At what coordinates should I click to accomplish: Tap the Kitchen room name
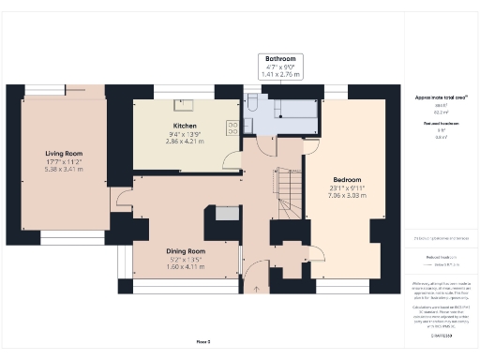[x=184, y=125]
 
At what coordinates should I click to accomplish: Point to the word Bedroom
[x=347, y=179]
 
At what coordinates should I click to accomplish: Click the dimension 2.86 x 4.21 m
[x=184, y=142]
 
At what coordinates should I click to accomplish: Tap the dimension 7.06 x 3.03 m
[x=347, y=196]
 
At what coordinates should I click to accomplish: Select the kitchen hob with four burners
[x=231, y=128]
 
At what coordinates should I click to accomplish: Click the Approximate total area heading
[x=435, y=97]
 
